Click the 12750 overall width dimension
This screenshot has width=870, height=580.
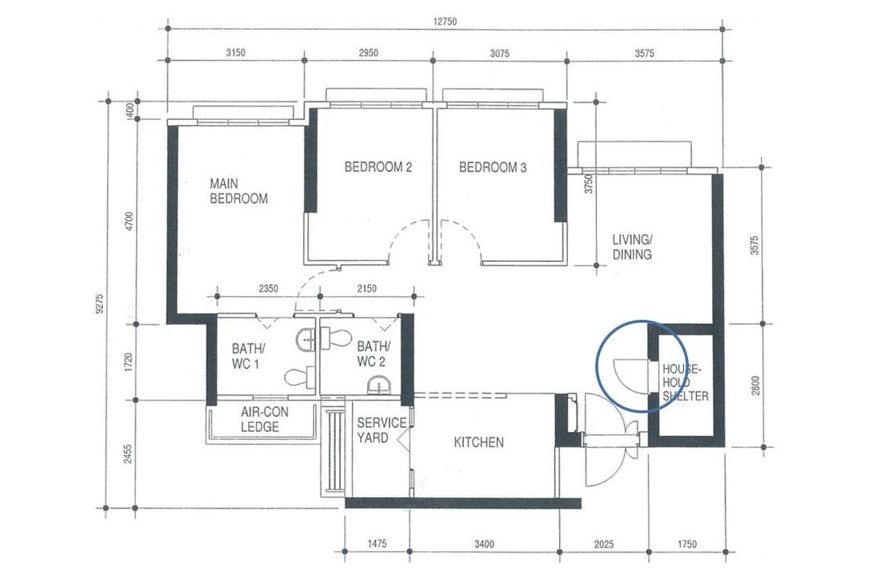click(445, 22)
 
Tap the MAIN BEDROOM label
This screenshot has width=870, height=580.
click(238, 191)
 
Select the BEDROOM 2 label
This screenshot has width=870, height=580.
click(378, 167)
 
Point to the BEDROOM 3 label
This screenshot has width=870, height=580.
click(493, 167)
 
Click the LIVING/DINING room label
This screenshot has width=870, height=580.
click(632, 247)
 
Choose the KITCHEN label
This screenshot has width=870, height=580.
click(478, 442)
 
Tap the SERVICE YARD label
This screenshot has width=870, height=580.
click(381, 430)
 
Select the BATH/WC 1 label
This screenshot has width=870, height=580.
click(248, 356)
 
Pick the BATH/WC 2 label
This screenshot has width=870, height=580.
click(374, 354)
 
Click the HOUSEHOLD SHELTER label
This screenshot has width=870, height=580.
click(686, 383)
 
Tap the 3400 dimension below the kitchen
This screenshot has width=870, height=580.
click(484, 545)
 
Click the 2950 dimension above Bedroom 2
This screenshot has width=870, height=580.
click(368, 52)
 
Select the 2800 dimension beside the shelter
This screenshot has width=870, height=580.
click(755, 386)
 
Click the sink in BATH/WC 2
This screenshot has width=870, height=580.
click(379, 384)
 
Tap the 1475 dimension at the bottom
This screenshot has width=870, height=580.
click(377, 545)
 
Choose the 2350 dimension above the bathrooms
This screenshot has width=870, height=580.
click(268, 288)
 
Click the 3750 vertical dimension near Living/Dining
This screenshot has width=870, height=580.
click(589, 184)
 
